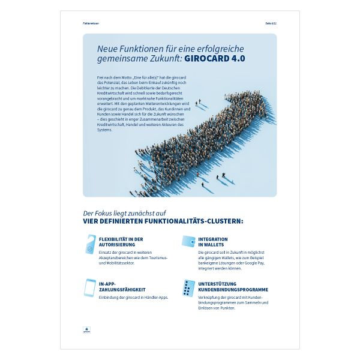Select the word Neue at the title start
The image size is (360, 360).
pos(109,48)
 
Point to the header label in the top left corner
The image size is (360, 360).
pos(91,24)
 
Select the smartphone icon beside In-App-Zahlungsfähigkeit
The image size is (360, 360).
pos(89,287)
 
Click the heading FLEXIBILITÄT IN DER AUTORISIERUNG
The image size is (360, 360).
pos(121,242)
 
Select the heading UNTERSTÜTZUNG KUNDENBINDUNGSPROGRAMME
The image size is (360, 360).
pos(233,286)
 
